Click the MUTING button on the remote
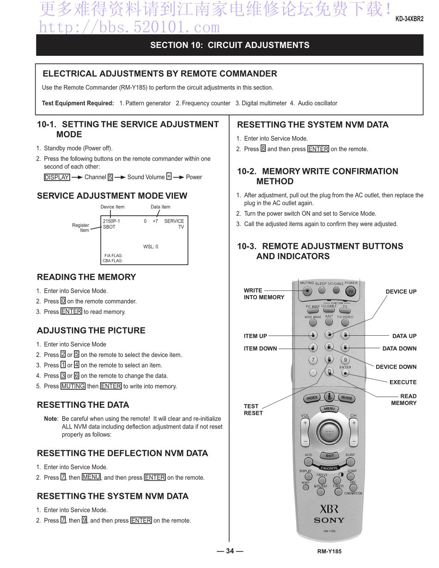click(x=308, y=290)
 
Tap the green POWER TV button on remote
click(x=351, y=291)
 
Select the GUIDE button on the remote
click(x=347, y=398)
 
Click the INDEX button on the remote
click(x=311, y=398)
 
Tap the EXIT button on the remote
click(x=329, y=456)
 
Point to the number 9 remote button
click(x=345, y=360)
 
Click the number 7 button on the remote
click(x=313, y=360)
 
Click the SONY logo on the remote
click(x=329, y=520)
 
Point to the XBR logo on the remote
click(x=329, y=509)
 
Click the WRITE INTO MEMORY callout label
click(x=264, y=294)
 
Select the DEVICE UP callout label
click(x=401, y=291)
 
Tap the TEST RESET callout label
click(x=253, y=410)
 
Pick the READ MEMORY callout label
click(x=404, y=399)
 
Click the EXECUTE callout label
click(x=402, y=382)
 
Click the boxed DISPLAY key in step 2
click(x=57, y=177)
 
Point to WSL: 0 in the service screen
click(x=151, y=247)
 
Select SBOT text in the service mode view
click(x=109, y=227)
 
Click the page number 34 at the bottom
click(x=230, y=550)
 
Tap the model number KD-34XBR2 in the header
click(x=409, y=19)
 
